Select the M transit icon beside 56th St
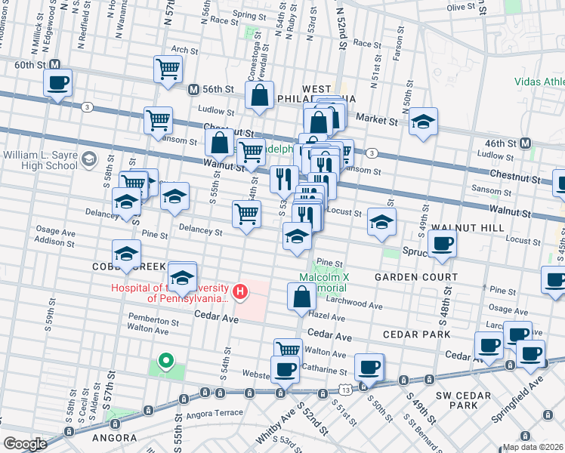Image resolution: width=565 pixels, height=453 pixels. (193, 88)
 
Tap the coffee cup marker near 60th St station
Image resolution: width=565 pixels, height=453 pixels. (58, 83)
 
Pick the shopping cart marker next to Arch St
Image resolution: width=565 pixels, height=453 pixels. (168, 69)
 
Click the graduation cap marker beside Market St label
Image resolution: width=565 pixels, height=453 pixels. (424, 120)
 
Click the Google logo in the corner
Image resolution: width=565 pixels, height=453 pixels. (25, 443)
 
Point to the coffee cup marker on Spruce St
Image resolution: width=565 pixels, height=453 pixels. (442, 243)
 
